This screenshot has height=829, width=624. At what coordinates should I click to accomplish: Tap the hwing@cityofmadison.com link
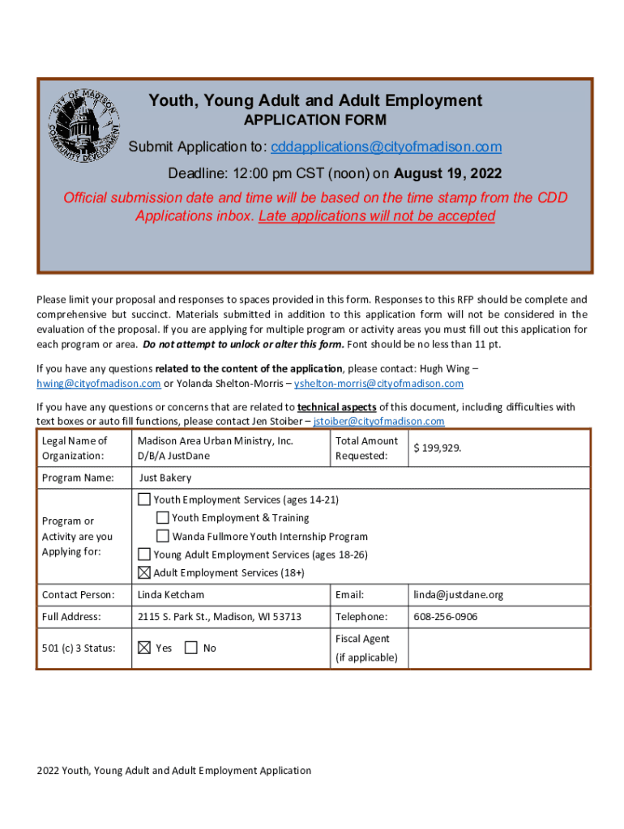click(98, 383)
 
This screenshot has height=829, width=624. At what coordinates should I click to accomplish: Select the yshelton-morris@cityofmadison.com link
click(378, 383)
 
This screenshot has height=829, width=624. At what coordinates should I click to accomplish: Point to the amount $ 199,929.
click(438, 448)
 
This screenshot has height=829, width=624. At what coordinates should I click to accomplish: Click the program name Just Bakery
click(165, 478)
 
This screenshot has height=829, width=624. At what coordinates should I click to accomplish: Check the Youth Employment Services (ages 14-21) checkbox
click(144, 499)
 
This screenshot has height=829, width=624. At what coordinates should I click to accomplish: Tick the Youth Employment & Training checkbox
click(162, 517)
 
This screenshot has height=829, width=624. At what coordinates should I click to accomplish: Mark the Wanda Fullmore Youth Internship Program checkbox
click(162, 536)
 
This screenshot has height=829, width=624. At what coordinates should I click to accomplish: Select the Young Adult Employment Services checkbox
click(144, 555)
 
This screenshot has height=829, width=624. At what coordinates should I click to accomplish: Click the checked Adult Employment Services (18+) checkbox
click(144, 573)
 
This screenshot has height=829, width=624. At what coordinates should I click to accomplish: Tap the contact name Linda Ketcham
click(171, 595)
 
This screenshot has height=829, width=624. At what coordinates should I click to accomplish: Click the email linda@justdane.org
click(458, 595)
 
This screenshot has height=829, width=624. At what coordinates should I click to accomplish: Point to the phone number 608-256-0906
click(445, 617)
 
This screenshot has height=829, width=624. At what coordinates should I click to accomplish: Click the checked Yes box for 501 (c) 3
click(144, 648)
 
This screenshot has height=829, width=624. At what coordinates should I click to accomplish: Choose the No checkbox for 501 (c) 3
click(191, 648)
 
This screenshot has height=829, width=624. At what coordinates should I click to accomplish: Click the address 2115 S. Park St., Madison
click(219, 617)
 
